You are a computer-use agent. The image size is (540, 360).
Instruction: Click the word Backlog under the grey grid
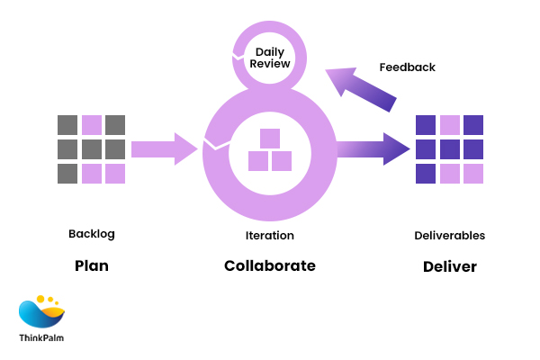click(x=92, y=234)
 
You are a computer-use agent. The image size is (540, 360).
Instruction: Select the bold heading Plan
click(x=91, y=266)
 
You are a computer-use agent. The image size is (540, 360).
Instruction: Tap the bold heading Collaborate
click(x=270, y=266)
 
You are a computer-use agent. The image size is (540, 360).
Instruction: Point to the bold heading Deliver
click(x=450, y=266)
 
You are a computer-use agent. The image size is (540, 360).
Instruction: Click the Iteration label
click(x=270, y=236)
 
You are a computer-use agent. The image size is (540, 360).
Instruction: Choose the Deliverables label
click(x=449, y=236)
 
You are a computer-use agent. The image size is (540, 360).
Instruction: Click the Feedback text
click(x=407, y=67)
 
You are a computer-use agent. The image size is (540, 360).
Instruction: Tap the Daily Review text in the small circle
click(x=270, y=58)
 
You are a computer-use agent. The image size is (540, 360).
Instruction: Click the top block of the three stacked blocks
click(x=270, y=139)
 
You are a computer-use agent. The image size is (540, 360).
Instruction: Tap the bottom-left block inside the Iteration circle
click(x=258, y=161)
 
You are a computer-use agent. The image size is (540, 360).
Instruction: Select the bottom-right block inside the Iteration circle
click(x=282, y=161)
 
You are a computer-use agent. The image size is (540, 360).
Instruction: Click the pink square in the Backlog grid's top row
click(x=92, y=125)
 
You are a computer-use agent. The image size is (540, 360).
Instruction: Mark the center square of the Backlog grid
click(x=92, y=149)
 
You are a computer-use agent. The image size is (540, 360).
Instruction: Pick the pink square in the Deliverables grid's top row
click(x=450, y=125)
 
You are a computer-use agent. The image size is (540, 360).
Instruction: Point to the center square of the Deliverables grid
click(x=450, y=149)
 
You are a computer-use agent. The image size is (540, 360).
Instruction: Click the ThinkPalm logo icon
click(x=41, y=311)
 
